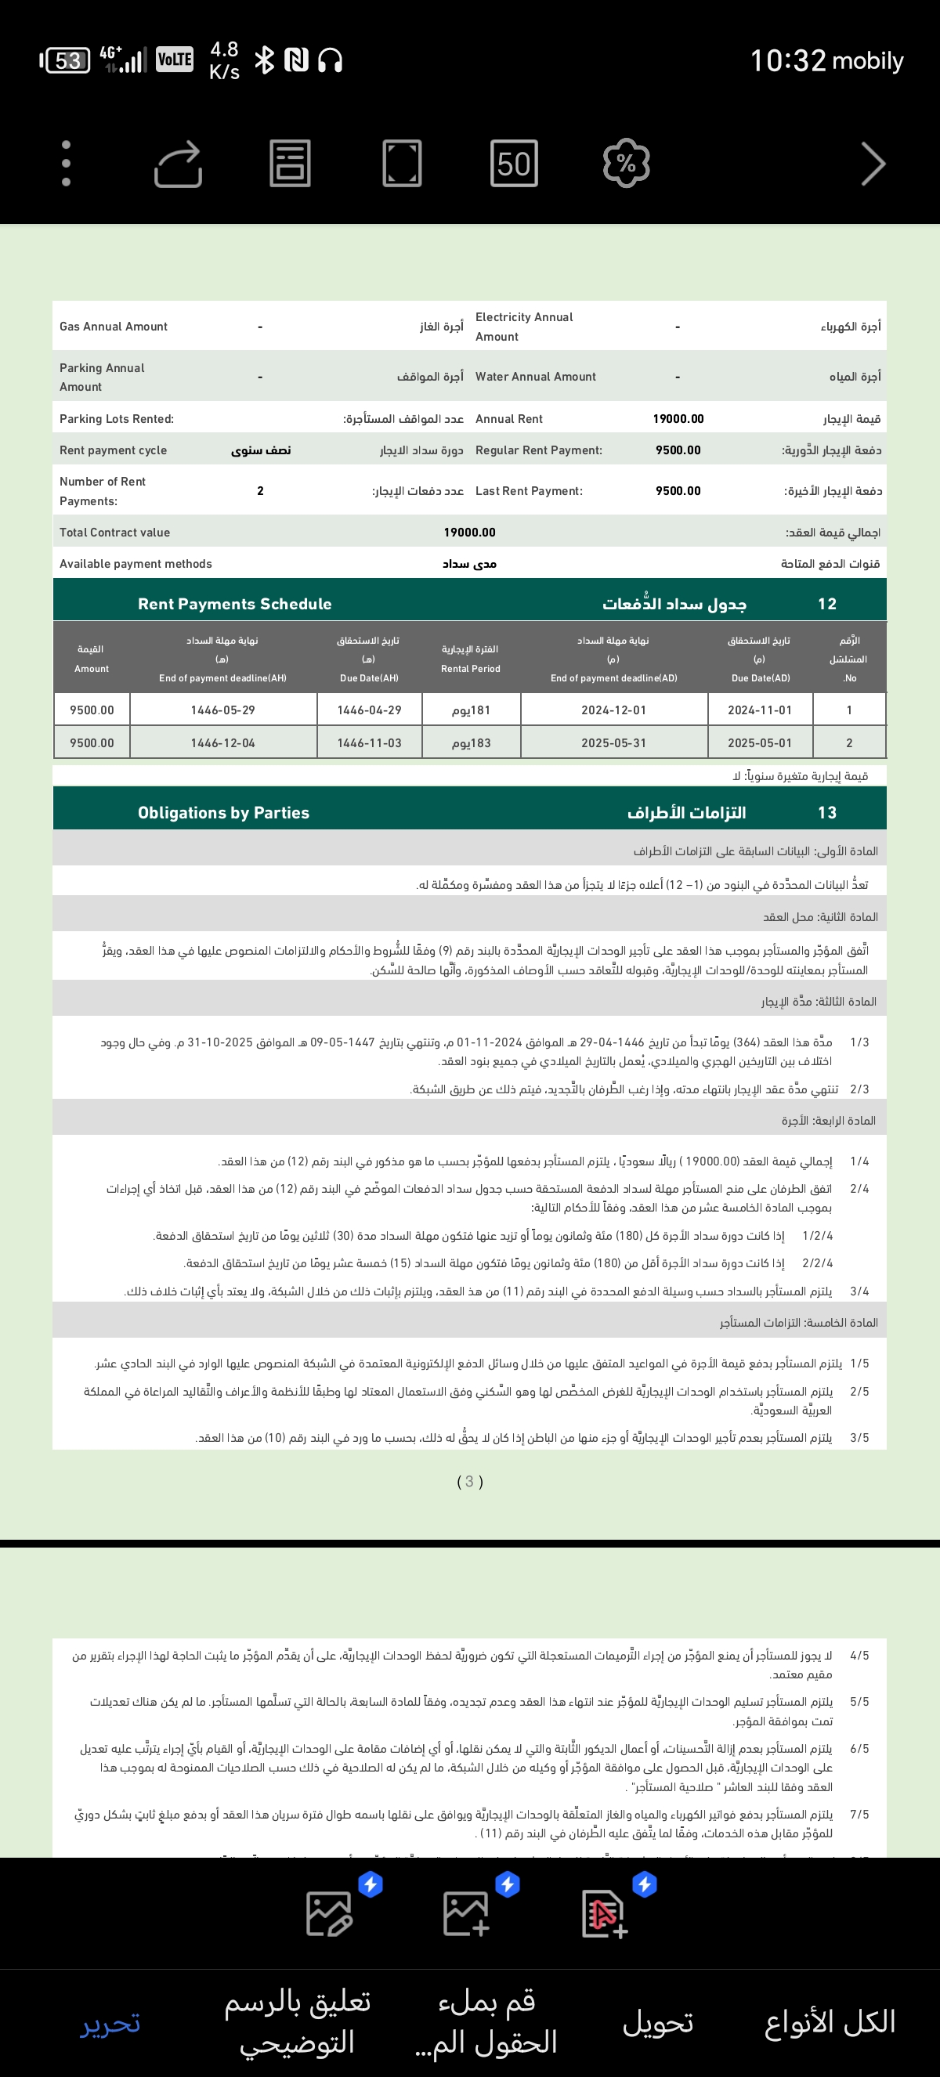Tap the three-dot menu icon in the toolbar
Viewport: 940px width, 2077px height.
66,164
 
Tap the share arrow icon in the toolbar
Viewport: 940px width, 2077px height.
178,164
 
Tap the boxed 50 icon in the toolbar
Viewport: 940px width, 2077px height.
514,164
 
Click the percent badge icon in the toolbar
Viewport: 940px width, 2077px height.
627,164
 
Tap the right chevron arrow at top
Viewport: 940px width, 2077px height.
873,164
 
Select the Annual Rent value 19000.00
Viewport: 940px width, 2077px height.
678,418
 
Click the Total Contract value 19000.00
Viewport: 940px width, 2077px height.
469,532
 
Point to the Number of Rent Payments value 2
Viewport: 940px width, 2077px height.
260,491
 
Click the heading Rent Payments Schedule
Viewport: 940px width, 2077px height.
234,604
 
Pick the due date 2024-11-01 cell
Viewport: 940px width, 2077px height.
759,710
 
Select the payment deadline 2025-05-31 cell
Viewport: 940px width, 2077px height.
613,743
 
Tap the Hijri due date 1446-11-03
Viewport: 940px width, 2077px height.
369,743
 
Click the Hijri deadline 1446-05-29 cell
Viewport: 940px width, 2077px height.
222,710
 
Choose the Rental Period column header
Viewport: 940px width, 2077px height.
470,659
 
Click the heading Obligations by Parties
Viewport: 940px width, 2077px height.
223,813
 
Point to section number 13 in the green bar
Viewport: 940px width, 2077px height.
827,813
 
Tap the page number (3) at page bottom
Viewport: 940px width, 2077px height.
470,1481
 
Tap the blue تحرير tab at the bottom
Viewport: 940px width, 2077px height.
110,2021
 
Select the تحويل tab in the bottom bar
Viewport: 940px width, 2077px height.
658,2021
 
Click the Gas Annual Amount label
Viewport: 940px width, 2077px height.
114,327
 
